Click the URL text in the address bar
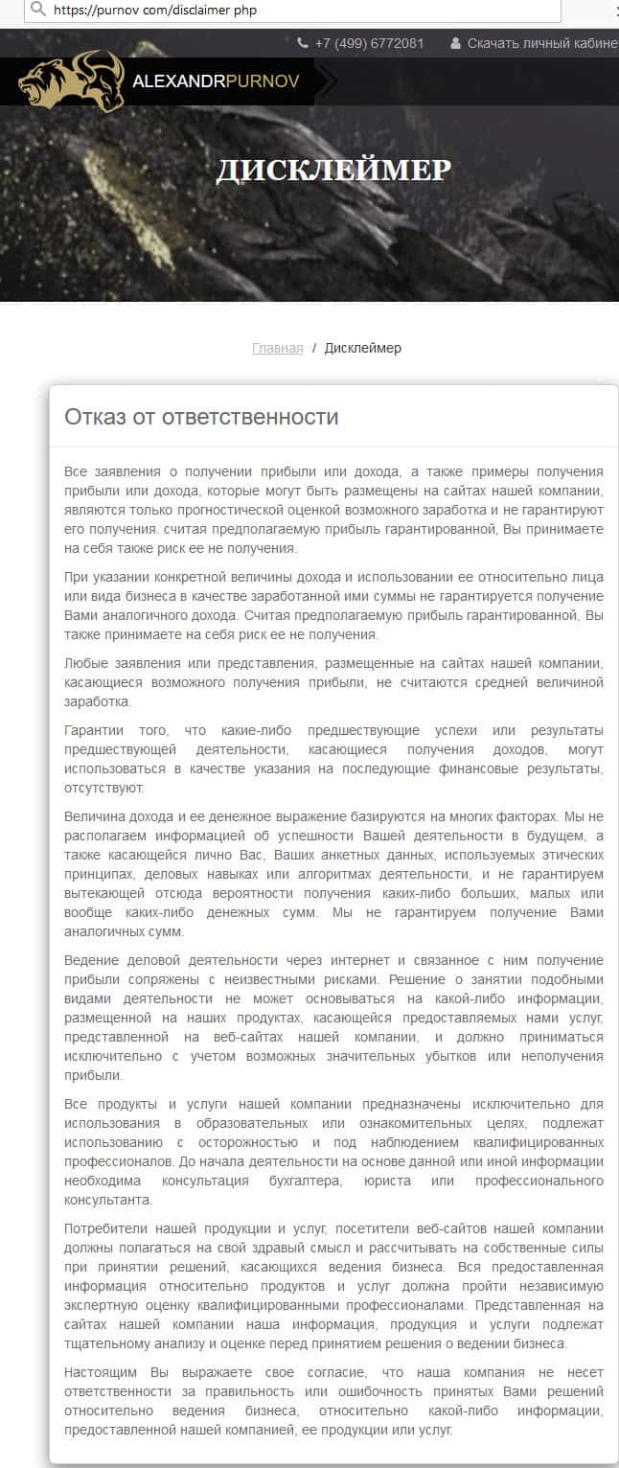point(154,10)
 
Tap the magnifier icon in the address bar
point(37,9)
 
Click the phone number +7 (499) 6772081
point(369,43)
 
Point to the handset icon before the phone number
point(303,43)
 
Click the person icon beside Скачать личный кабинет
point(455,43)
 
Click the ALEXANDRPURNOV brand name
point(216,81)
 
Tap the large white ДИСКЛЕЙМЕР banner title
point(333,171)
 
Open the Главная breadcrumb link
point(277,348)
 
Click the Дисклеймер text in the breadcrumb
point(363,348)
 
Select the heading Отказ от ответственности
point(201,417)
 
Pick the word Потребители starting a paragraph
point(103,1228)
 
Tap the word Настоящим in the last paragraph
point(97,1372)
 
